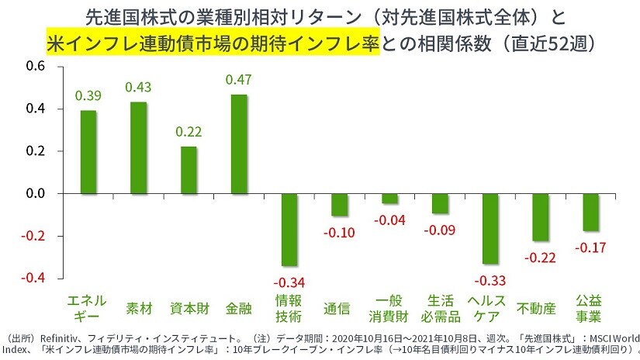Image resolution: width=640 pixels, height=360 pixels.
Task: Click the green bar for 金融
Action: [239, 144]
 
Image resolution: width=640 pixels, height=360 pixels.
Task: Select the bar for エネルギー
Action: [88, 151]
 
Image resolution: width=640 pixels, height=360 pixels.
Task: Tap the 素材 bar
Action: [139, 147]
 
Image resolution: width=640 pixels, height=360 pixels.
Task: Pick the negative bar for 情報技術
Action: [289, 230]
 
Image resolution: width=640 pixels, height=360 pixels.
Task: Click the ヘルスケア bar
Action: [490, 229]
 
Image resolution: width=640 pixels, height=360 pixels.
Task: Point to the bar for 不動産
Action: [541, 217]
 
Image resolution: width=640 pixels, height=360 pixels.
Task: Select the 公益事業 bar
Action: [591, 212]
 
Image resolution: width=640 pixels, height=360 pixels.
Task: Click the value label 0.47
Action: [238, 79]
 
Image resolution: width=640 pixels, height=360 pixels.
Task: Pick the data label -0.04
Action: [389, 220]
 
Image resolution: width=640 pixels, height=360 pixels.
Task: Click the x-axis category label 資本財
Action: [189, 308]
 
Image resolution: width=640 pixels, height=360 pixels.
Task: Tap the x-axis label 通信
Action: [339, 308]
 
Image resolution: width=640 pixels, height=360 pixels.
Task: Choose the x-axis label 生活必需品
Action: [440, 308]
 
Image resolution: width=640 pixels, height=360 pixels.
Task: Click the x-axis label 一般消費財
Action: [389, 308]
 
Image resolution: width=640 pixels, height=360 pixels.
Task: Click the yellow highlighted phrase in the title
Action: [212, 40]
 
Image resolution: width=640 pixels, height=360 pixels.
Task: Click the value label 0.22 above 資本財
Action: [189, 132]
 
